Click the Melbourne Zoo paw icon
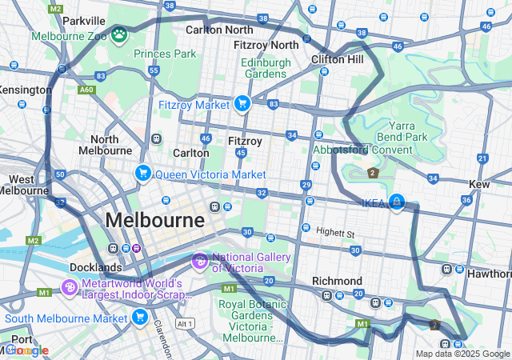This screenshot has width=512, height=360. (x=119, y=34)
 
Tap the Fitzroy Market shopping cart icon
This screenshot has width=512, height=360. (x=242, y=103)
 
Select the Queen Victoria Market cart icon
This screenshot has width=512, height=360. (x=143, y=173)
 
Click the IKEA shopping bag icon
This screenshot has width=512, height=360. (x=395, y=202)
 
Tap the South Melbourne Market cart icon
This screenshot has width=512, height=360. (x=140, y=318)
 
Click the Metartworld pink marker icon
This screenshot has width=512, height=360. (x=70, y=287)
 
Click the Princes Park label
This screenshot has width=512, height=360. (x=165, y=54)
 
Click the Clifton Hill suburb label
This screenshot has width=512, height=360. (x=337, y=59)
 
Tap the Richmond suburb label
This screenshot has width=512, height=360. (x=337, y=281)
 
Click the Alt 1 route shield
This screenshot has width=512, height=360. (x=186, y=323)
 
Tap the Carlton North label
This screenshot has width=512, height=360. (x=218, y=30)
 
